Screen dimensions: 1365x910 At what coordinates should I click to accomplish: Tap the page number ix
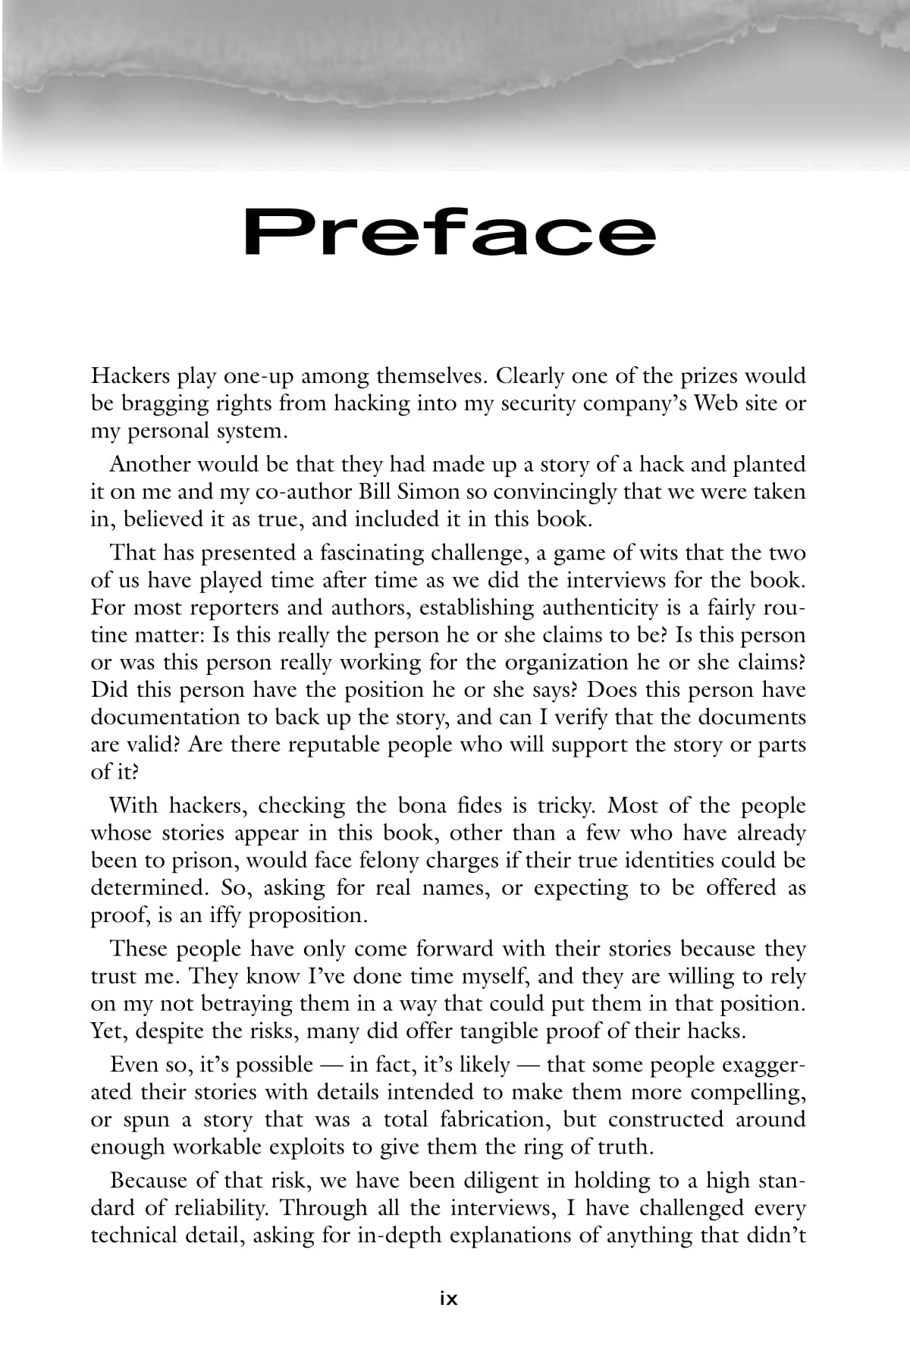[449, 1298]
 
